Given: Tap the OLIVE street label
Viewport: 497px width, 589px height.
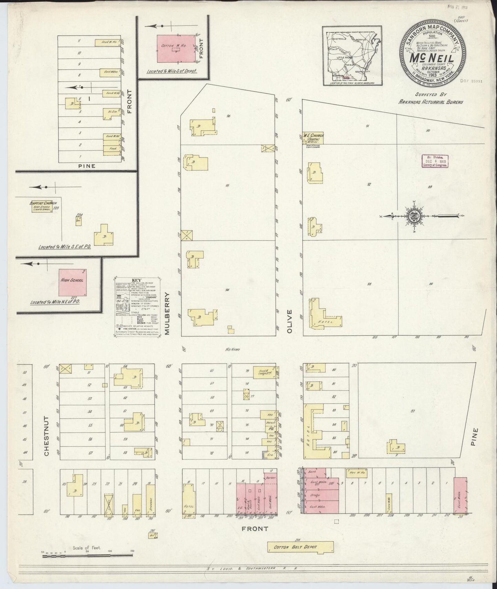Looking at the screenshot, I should [289, 321].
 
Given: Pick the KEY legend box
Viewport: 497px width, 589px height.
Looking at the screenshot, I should [137, 308].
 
